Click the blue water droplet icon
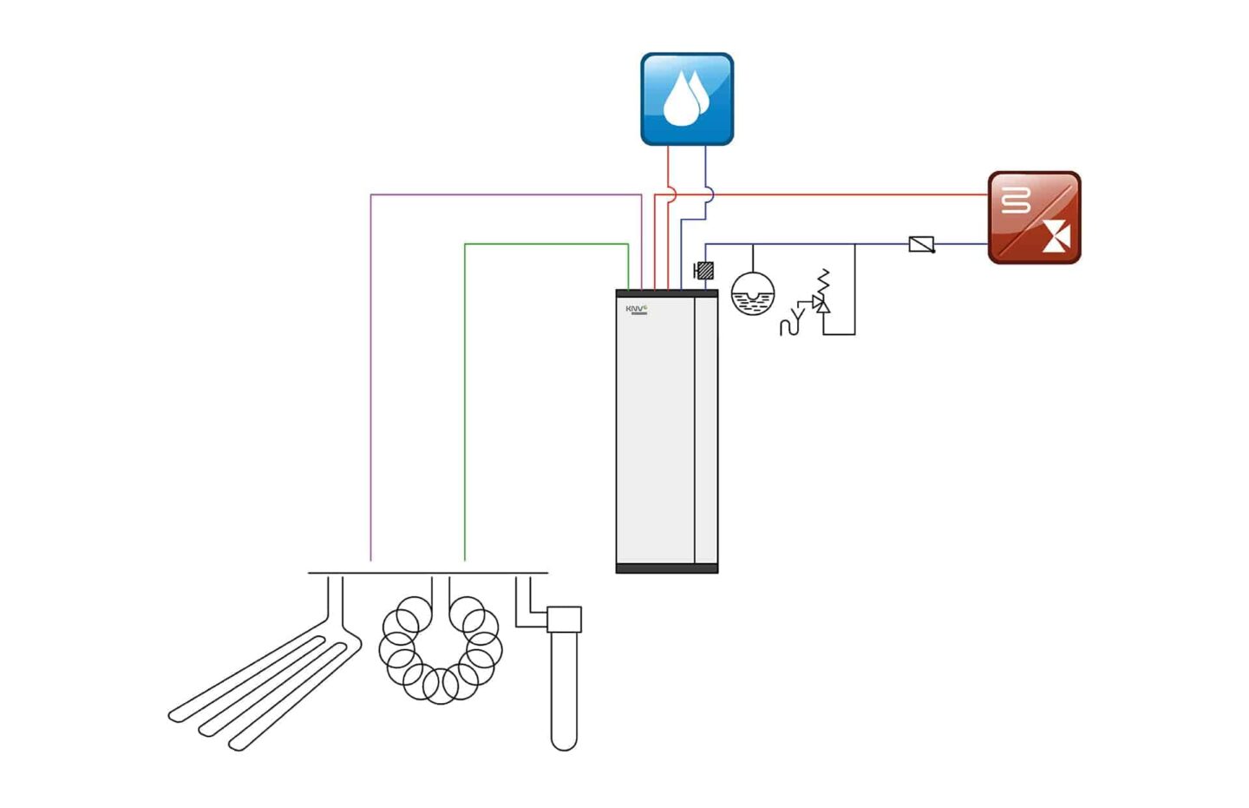[x=687, y=99]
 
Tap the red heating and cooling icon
[x=1034, y=218]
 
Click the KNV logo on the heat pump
[x=637, y=309]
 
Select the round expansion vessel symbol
[x=752, y=294]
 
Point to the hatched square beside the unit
[x=705, y=271]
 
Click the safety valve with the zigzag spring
[x=821, y=295]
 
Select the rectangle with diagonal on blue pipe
[x=921, y=245]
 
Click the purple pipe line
[x=371, y=373]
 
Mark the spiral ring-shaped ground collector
[x=441, y=651]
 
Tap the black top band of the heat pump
[x=666, y=293]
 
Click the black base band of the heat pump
[x=666, y=568]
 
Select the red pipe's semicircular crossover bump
[x=673, y=195]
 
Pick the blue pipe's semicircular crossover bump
[x=710, y=195]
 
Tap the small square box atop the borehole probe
[x=565, y=619]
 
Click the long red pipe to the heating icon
[x=850, y=194]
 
